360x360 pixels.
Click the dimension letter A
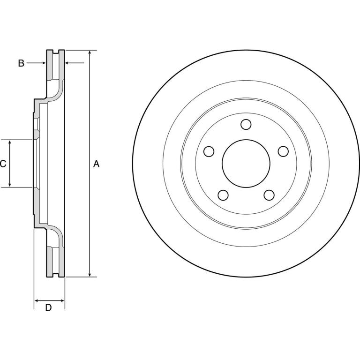click(96, 164)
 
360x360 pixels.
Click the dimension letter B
click(21, 63)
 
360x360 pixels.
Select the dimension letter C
click(3, 164)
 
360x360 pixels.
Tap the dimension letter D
click(48, 307)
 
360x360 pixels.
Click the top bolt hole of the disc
click(246, 124)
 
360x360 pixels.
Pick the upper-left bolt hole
click(209, 151)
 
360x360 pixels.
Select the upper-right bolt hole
click(283, 151)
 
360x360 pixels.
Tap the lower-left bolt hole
click(223, 195)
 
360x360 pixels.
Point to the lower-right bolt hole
click(269, 195)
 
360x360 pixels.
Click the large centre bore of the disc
click(246, 164)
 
